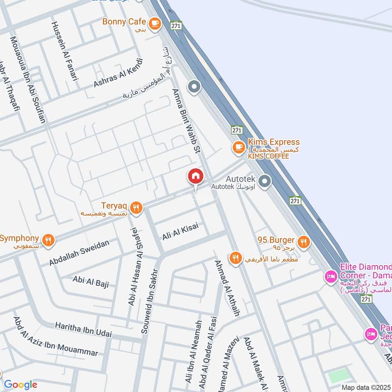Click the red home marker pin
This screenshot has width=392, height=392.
pyautogui.click(x=195, y=177)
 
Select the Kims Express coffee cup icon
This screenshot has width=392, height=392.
pyautogui.click(x=239, y=147)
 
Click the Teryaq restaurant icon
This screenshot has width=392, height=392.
pyautogui.click(x=137, y=208)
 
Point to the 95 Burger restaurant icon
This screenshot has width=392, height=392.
pyautogui.click(x=304, y=241)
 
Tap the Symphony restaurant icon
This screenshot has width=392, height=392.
pyautogui.click(x=48, y=240)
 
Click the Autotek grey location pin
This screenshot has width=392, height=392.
pyautogui.click(x=265, y=183)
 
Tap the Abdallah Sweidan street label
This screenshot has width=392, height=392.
pyautogui.click(x=79, y=254)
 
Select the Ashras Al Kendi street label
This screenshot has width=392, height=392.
pyautogui.click(x=118, y=74)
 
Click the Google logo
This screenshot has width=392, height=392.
pyautogui.click(x=20, y=385)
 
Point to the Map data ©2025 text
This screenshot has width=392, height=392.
pyautogui.click(x=366, y=387)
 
